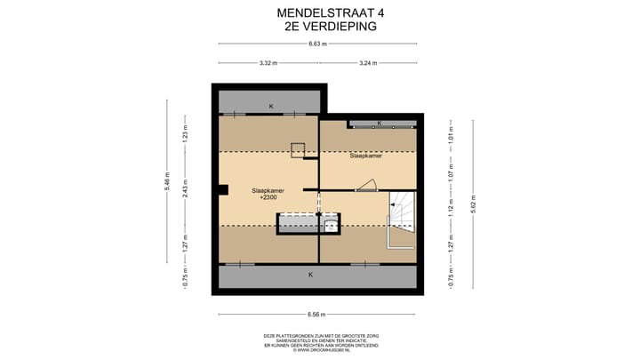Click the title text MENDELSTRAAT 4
click(x=318, y=12)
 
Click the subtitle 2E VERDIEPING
click(x=318, y=27)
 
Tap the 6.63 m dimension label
click(x=317, y=44)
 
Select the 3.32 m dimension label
click(x=268, y=63)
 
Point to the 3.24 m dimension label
click(x=368, y=63)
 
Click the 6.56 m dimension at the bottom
click(x=317, y=314)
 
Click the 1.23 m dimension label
click(x=185, y=136)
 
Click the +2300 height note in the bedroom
click(x=268, y=197)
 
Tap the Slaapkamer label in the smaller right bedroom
click(x=366, y=156)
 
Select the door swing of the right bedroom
click(x=367, y=185)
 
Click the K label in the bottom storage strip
click(x=310, y=275)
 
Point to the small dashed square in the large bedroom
click(x=298, y=149)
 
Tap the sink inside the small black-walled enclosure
click(x=330, y=225)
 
